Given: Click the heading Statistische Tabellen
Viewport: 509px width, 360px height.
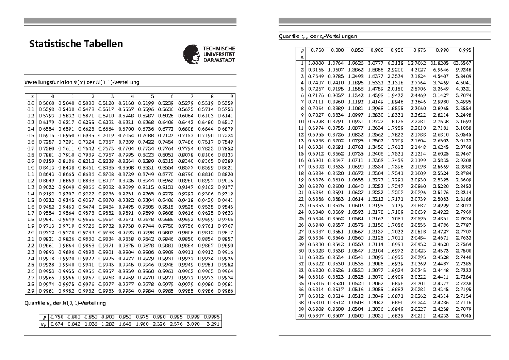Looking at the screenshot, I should tap(76, 44).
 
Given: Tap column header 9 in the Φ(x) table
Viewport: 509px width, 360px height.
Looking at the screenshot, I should tap(232, 96).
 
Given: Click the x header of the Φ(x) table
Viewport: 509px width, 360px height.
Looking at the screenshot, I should tap(31, 96).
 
